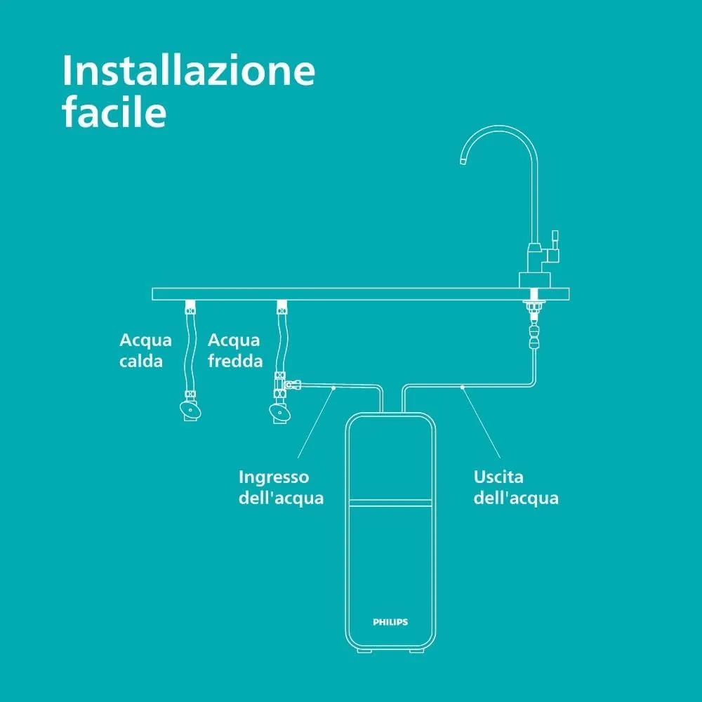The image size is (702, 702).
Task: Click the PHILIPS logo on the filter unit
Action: [390, 622]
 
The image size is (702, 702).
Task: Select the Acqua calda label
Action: [145, 350]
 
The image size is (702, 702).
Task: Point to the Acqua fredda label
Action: [235, 350]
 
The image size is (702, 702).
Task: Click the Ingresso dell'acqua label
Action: [281, 487]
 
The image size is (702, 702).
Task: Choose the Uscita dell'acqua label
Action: [516, 487]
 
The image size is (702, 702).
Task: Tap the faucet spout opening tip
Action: [463, 161]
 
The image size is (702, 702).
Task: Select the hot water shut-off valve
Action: [190, 409]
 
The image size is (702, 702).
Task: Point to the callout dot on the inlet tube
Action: [333, 388]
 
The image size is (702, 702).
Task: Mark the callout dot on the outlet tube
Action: [463, 388]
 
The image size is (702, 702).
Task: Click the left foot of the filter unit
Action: [364, 650]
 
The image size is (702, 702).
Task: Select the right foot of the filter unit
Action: [416, 650]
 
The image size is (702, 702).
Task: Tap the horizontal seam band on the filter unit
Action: [390, 503]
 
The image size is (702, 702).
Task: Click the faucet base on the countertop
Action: [534, 280]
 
